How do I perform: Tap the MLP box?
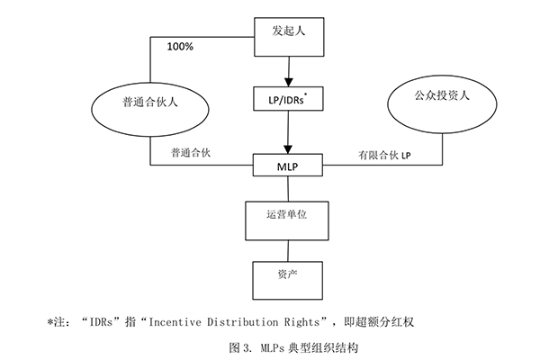pos(287,166)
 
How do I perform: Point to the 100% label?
pos(180,44)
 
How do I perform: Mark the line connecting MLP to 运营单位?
pos(287,187)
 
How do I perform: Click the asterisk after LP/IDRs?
pos(315,93)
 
